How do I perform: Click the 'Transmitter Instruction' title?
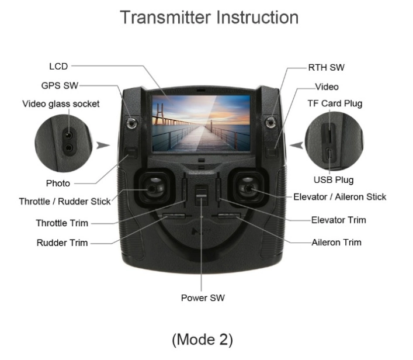(x=209, y=18)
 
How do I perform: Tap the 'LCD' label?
(x=58, y=67)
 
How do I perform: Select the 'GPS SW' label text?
(x=60, y=85)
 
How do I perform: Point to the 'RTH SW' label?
(x=326, y=67)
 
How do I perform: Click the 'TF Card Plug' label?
(x=335, y=103)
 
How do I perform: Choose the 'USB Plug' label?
(x=334, y=180)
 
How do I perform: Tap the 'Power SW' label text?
(x=203, y=298)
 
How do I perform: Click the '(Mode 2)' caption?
(x=202, y=340)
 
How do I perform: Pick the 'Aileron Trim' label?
(x=336, y=242)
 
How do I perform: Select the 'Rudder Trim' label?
(x=62, y=243)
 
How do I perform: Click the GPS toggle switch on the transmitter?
(x=131, y=123)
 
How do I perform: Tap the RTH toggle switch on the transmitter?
(x=270, y=123)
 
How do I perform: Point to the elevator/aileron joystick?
(x=249, y=188)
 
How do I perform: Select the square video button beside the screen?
(x=272, y=153)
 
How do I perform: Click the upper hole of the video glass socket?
(x=69, y=136)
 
